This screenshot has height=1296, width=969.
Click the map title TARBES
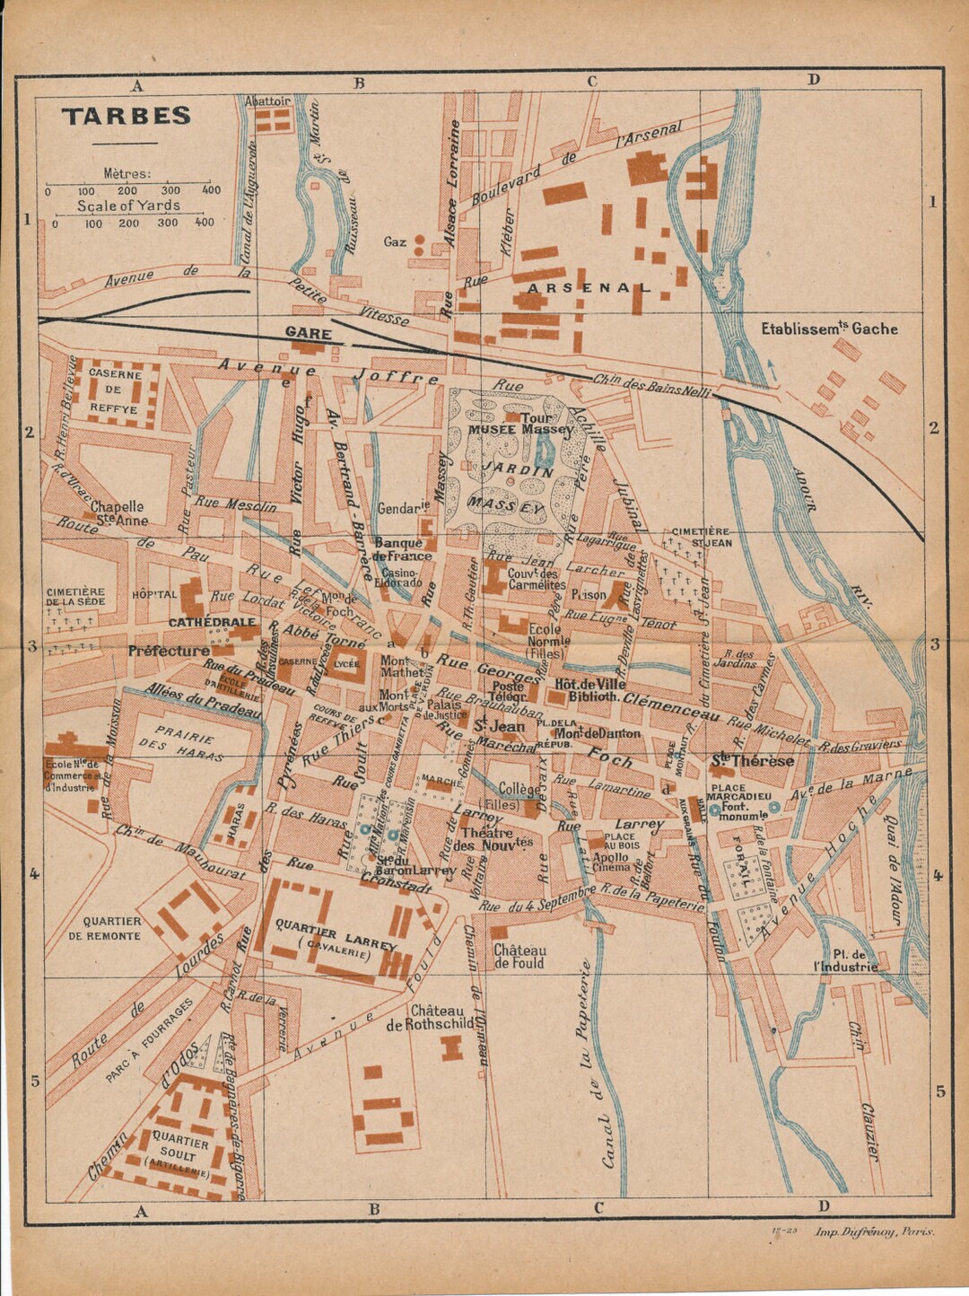(x=127, y=116)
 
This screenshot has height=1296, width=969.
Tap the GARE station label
(x=308, y=333)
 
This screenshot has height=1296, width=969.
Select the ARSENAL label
(x=588, y=287)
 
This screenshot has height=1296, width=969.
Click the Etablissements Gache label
(x=829, y=328)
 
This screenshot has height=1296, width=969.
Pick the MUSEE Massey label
(x=519, y=430)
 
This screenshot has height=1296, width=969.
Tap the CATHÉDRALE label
(x=212, y=622)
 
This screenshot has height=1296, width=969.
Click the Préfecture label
(x=169, y=651)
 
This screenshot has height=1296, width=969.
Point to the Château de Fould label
(x=519, y=957)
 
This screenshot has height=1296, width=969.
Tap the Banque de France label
(x=403, y=549)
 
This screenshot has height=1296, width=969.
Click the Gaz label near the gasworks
(x=395, y=241)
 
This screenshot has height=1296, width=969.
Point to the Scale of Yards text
(x=127, y=206)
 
